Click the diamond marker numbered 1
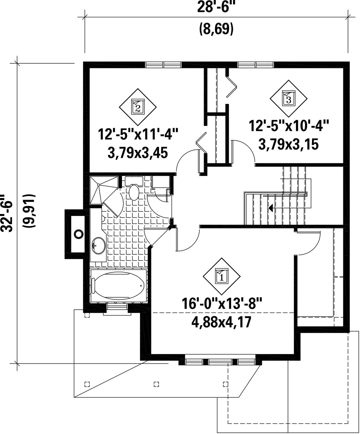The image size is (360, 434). (222, 276)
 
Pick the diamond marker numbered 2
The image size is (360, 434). (138, 107)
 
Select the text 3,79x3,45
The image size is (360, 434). (138, 153)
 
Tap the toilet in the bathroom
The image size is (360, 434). (134, 190)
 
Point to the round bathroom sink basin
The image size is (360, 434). (99, 246)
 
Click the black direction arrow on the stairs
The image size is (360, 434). (271, 208)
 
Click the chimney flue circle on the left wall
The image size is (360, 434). (79, 234)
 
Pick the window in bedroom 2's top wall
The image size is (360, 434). (163, 65)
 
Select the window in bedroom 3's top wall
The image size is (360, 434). (256, 65)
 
